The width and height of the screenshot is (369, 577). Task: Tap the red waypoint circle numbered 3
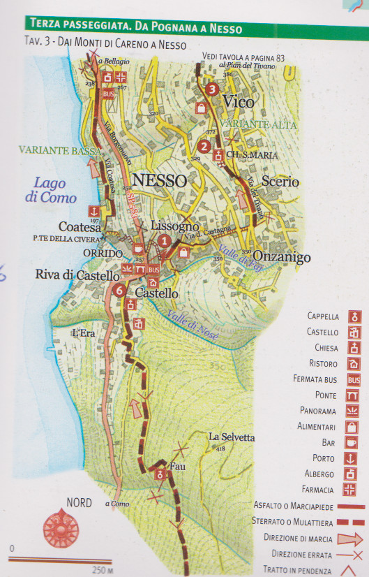click(213, 89)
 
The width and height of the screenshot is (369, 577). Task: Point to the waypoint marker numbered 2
click(204, 146)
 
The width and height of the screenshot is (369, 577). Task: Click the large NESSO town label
click(159, 180)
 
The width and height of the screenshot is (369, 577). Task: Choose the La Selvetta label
click(232, 437)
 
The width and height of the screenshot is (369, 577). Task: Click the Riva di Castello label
click(77, 276)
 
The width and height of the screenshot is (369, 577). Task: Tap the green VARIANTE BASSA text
click(47, 149)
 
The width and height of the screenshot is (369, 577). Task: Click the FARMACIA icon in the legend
click(354, 490)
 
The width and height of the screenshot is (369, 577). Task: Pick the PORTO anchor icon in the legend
click(354, 458)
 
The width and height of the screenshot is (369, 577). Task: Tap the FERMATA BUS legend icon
click(354, 379)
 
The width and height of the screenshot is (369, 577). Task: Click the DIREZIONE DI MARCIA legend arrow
click(351, 538)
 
